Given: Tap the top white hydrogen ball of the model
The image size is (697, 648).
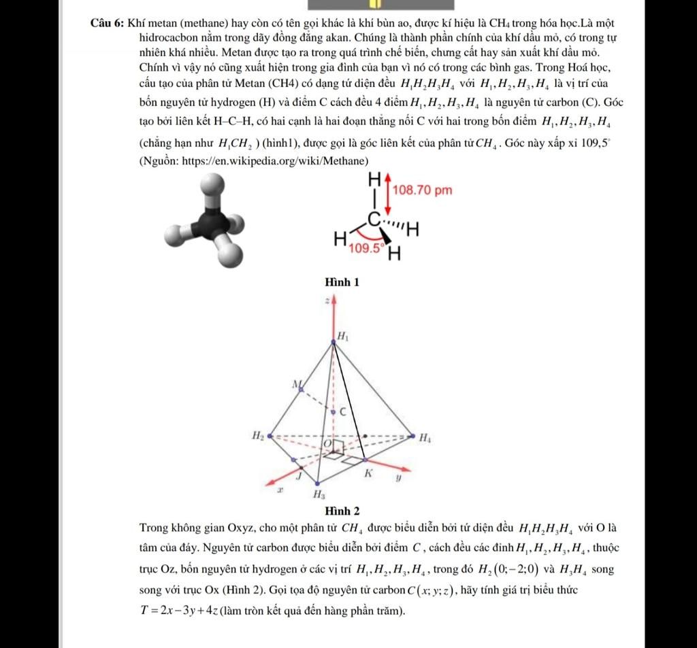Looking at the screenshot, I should tap(211, 184).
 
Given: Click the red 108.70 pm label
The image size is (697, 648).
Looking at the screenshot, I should tap(422, 190).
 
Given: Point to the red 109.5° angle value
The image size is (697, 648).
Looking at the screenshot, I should tap(366, 249).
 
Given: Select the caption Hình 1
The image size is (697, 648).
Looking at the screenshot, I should tap(342, 282).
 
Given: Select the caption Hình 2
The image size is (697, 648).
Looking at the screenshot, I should tap(342, 511).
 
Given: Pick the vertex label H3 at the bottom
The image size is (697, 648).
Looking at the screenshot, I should tap(318, 494).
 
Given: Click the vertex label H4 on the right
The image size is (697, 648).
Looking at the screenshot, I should tap(424, 439).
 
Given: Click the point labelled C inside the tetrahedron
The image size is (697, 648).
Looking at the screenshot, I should tap(342, 411).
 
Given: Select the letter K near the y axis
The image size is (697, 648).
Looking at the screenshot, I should tap(368, 473).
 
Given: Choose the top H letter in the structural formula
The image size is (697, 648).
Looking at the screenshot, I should tap(374, 180).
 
